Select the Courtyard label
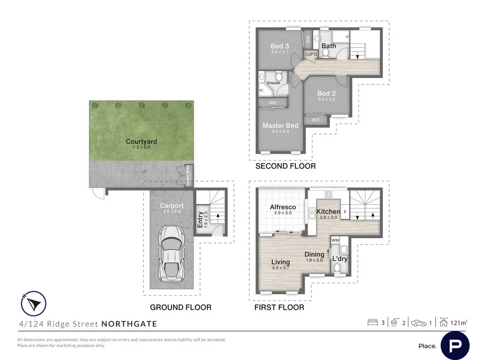click(141, 142)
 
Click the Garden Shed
click(187, 176)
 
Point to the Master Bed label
click(280, 126)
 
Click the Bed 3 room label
click(280, 46)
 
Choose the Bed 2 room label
click(326, 94)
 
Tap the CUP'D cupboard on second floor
click(311, 54)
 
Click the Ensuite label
click(274, 83)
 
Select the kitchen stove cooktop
click(328, 194)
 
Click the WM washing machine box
click(335, 240)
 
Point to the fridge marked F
click(344, 212)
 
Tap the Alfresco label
click(283, 207)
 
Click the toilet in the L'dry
click(338, 269)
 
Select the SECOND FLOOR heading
click(286, 166)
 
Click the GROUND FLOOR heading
click(180, 307)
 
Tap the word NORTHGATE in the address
click(129, 324)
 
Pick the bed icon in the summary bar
click(372, 322)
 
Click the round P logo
click(455, 345)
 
